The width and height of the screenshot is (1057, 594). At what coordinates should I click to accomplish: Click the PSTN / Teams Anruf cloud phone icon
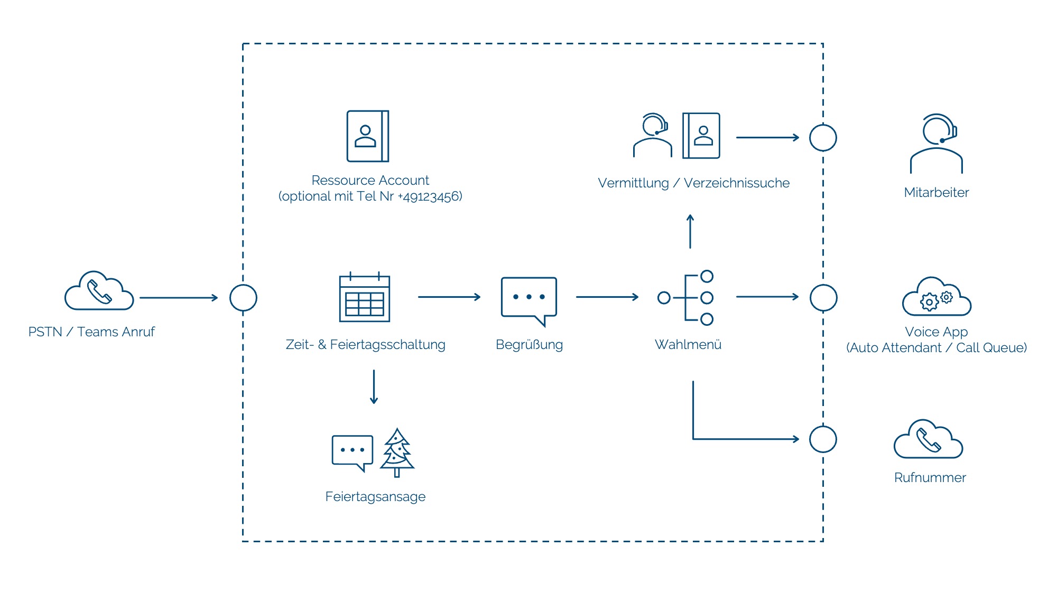(99, 291)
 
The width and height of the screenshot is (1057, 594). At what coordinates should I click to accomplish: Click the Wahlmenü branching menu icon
(685, 297)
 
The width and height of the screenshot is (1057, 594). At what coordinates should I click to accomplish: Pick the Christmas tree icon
(397, 452)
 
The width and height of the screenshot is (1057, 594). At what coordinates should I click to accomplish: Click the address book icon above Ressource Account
(368, 136)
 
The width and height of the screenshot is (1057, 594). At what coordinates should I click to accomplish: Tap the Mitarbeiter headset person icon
(937, 144)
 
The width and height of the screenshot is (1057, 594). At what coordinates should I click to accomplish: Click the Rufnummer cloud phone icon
(929, 439)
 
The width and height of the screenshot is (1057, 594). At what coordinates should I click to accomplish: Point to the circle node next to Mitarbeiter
(823, 125)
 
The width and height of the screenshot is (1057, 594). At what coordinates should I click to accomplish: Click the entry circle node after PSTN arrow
(243, 285)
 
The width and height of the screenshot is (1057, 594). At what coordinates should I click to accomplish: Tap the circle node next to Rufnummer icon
(823, 426)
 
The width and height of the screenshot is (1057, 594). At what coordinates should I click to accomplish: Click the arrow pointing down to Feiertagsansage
(374, 387)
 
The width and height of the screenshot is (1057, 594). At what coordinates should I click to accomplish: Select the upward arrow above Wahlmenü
(690, 231)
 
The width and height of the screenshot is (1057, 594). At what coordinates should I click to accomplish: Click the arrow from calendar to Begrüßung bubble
(449, 297)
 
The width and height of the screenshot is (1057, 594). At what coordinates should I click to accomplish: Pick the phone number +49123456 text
(430, 197)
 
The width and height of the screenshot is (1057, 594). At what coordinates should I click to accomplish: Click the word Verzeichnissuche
(737, 183)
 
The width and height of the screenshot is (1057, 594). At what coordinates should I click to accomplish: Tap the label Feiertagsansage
(375, 497)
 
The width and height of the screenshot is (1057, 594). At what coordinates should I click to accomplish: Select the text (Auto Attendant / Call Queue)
(937, 348)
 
